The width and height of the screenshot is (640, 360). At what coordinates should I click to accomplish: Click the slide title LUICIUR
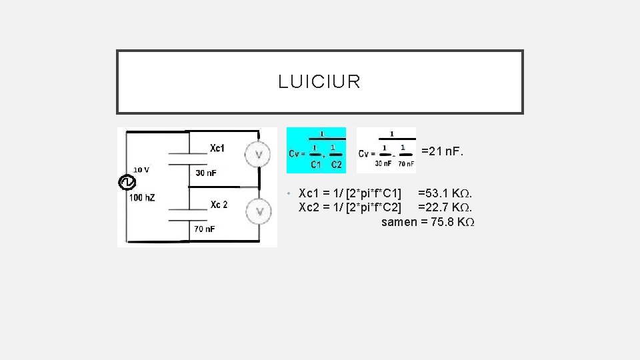[319, 82]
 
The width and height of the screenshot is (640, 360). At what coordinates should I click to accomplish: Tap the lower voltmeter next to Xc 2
[258, 211]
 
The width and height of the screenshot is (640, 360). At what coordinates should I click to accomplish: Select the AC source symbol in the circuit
[127, 182]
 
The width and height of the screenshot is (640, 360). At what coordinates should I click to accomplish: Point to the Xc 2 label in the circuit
[219, 205]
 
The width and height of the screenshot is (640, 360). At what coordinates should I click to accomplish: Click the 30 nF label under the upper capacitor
[206, 173]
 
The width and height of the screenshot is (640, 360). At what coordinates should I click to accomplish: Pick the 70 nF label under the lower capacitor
[205, 229]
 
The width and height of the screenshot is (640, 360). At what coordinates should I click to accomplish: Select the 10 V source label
[141, 169]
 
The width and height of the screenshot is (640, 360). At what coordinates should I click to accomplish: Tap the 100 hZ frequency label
[142, 197]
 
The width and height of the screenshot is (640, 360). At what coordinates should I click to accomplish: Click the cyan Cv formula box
[316, 150]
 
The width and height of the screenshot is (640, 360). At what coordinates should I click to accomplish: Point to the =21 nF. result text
[442, 151]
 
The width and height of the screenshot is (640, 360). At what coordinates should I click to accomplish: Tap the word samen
[399, 222]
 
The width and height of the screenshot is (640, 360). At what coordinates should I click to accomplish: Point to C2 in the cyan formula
[336, 164]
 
